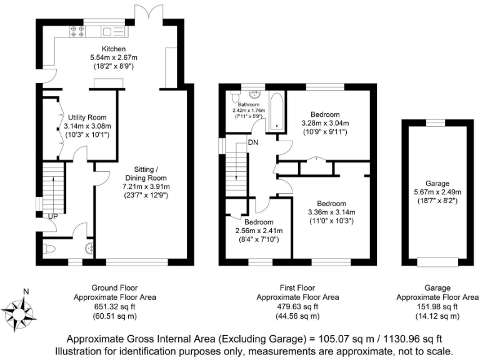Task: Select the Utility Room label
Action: pyautogui.click(x=87, y=117)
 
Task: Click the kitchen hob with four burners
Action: pyautogui.click(x=77, y=31)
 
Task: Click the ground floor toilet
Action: pyautogui.click(x=51, y=249)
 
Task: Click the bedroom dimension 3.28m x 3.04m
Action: pyautogui.click(x=325, y=123)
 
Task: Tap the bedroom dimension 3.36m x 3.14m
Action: pyautogui.click(x=331, y=212)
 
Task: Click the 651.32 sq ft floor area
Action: pyautogui.click(x=115, y=307)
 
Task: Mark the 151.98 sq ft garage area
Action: pyautogui.click(x=433, y=307)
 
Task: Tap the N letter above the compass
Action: pyautogui.click(x=26, y=291)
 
